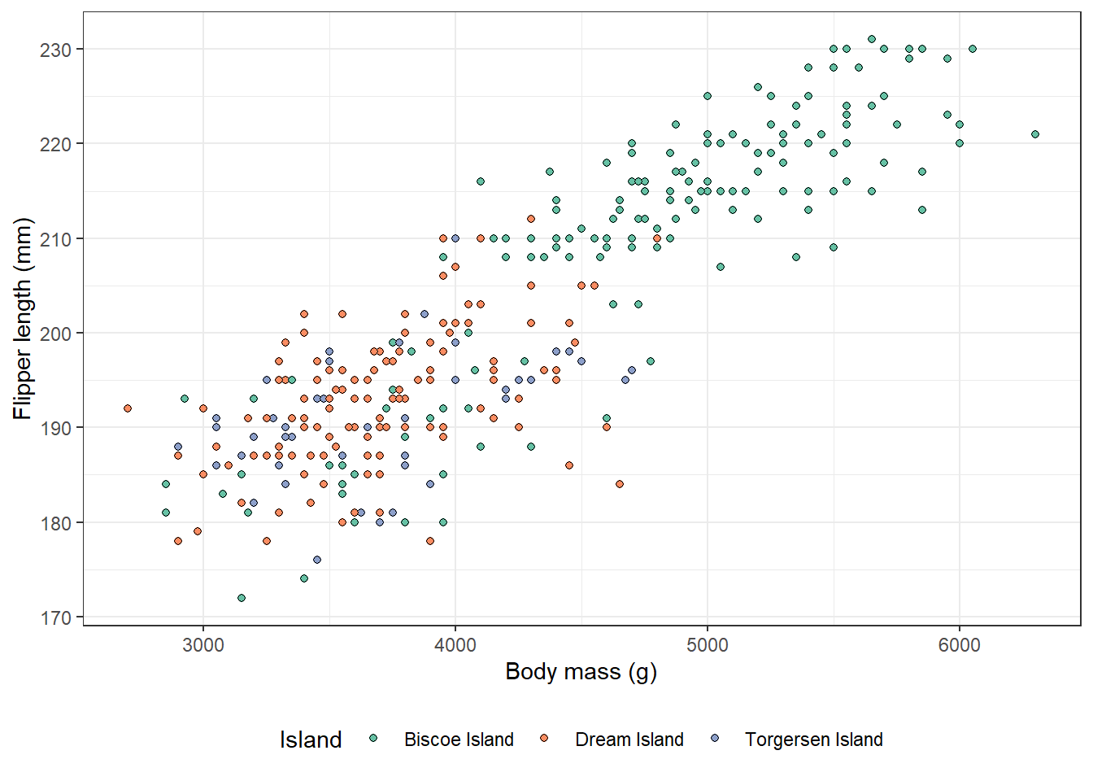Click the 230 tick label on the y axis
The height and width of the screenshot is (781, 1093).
pyautogui.click(x=55, y=50)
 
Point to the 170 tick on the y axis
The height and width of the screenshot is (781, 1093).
pyautogui.click(x=55, y=617)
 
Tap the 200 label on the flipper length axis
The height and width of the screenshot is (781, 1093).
pyautogui.click(x=55, y=334)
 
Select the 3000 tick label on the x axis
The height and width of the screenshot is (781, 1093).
pyautogui.click(x=203, y=645)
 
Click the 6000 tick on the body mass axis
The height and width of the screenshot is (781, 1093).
pyautogui.click(x=960, y=645)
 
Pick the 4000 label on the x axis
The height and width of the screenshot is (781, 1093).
pyautogui.click(x=455, y=645)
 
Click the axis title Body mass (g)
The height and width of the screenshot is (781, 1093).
pyautogui.click(x=581, y=672)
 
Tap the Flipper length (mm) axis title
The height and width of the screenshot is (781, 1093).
pyautogui.click(x=23, y=319)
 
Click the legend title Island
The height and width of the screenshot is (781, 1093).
pyautogui.click(x=311, y=740)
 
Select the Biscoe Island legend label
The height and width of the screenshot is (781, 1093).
pyautogui.click(x=459, y=740)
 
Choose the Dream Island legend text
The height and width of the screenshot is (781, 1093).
pyautogui.click(x=629, y=740)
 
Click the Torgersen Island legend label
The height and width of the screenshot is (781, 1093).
pyautogui.click(x=813, y=740)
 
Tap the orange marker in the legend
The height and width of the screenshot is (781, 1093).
pyautogui.click(x=544, y=739)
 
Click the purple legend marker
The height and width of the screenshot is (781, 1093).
pyautogui.click(x=715, y=739)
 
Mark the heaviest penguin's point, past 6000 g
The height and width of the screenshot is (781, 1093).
pyautogui.click(x=1035, y=134)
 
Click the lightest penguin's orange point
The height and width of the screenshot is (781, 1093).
pyautogui.click(x=128, y=408)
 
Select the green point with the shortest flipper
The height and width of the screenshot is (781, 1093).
pyautogui.click(x=241, y=598)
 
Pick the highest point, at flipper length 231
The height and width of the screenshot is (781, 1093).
pyautogui.click(x=872, y=39)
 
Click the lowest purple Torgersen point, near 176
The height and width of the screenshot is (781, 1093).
pyautogui.click(x=317, y=560)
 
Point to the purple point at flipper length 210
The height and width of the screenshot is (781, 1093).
pyautogui.click(x=455, y=238)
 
